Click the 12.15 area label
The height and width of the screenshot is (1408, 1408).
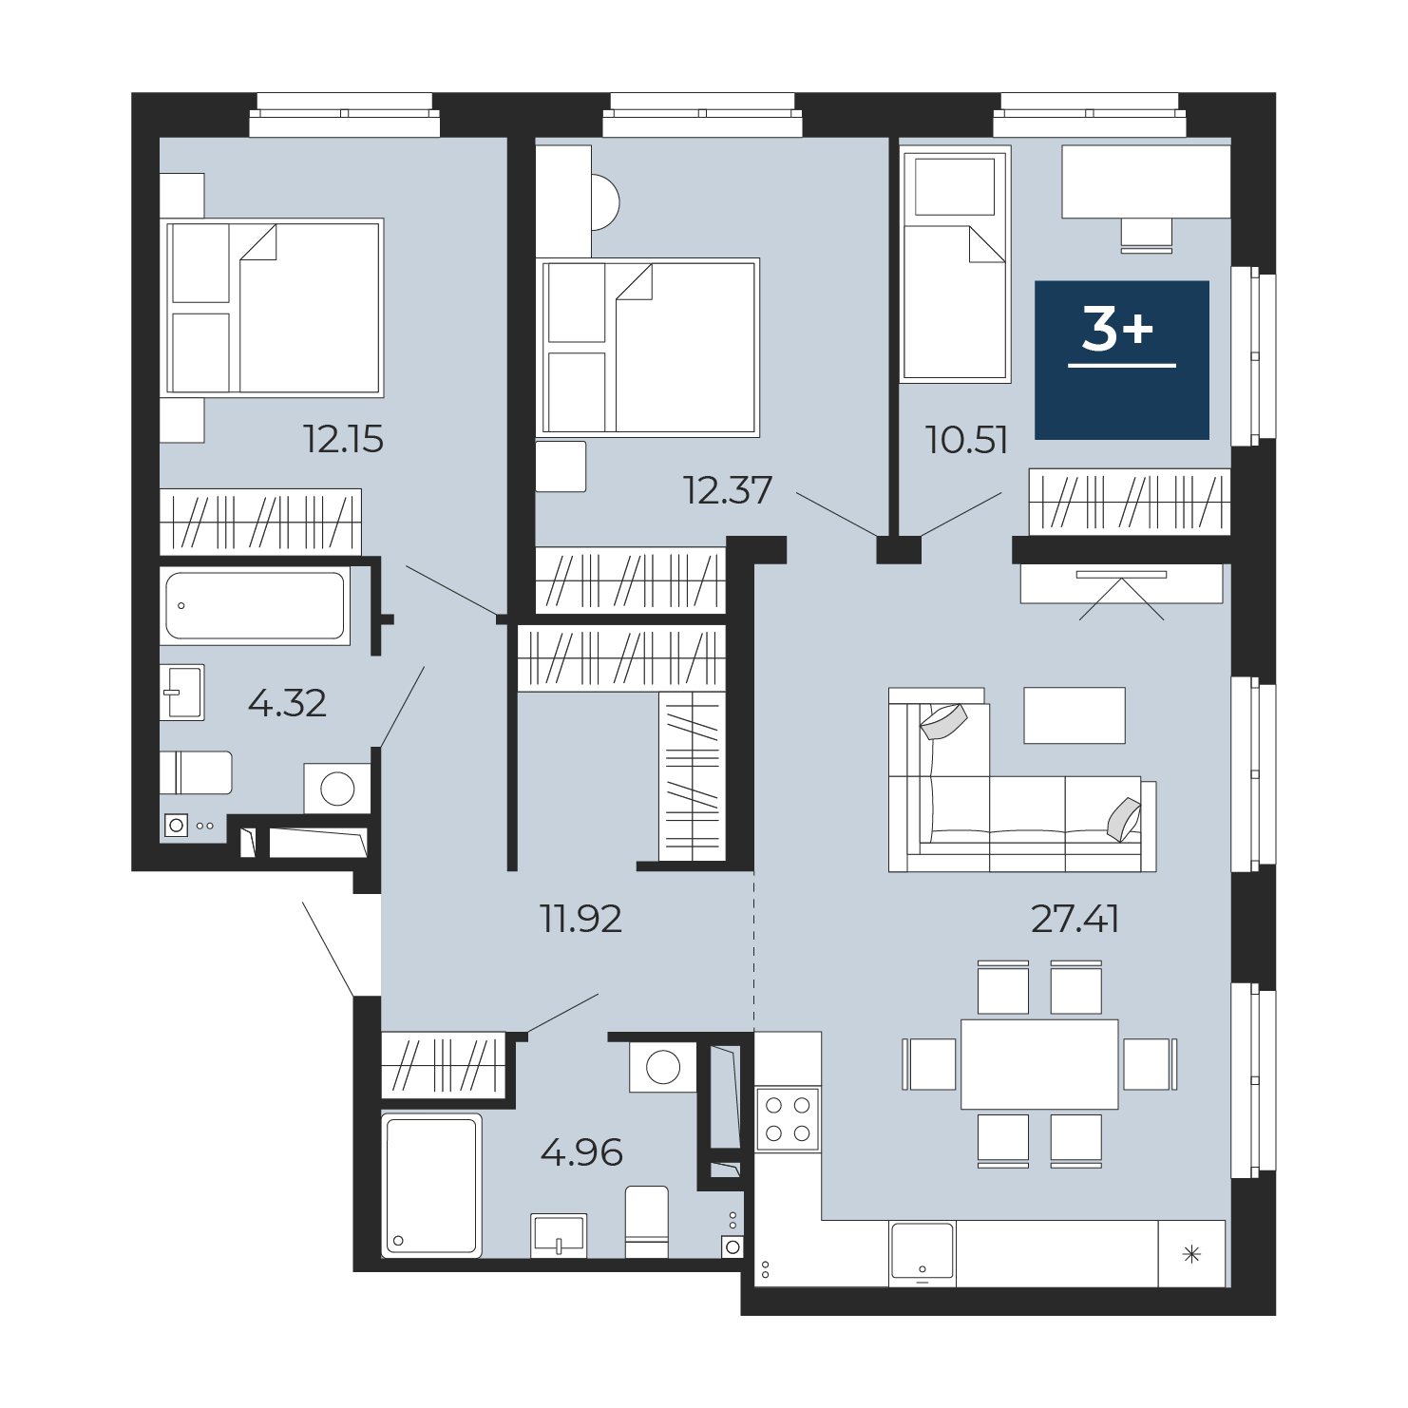[x=343, y=439]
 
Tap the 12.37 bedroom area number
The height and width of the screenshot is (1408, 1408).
[x=728, y=490]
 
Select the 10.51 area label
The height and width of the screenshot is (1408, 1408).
[x=966, y=440]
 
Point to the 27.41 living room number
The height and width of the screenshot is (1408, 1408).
[x=1075, y=919]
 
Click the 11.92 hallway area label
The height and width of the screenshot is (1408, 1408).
[x=580, y=919]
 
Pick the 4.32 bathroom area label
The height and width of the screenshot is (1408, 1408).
[x=287, y=703]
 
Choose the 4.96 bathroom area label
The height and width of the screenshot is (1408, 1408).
[x=581, y=1152]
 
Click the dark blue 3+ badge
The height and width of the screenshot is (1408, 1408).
[x=1122, y=360]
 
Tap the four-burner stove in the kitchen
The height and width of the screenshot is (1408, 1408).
[x=788, y=1119]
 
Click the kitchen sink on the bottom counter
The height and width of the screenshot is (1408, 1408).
[x=923, y=1251]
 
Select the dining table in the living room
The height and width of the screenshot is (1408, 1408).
[x=1039, y=1064]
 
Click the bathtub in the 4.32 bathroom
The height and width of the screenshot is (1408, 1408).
[x=255, y=605]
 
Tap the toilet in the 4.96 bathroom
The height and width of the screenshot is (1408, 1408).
[x=647, y=1222]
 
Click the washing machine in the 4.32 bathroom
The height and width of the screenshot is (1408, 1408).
[x=337, y=788]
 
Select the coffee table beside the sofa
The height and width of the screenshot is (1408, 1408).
[x=1075, y=715]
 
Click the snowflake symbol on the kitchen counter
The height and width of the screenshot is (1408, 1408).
[x=1191, y=1255]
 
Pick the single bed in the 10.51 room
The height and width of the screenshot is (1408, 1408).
[x=955, y=264]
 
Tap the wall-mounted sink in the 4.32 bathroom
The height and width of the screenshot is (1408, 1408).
[x=182, y=692]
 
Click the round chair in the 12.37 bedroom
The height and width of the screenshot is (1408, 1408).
[x=605, y=202]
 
